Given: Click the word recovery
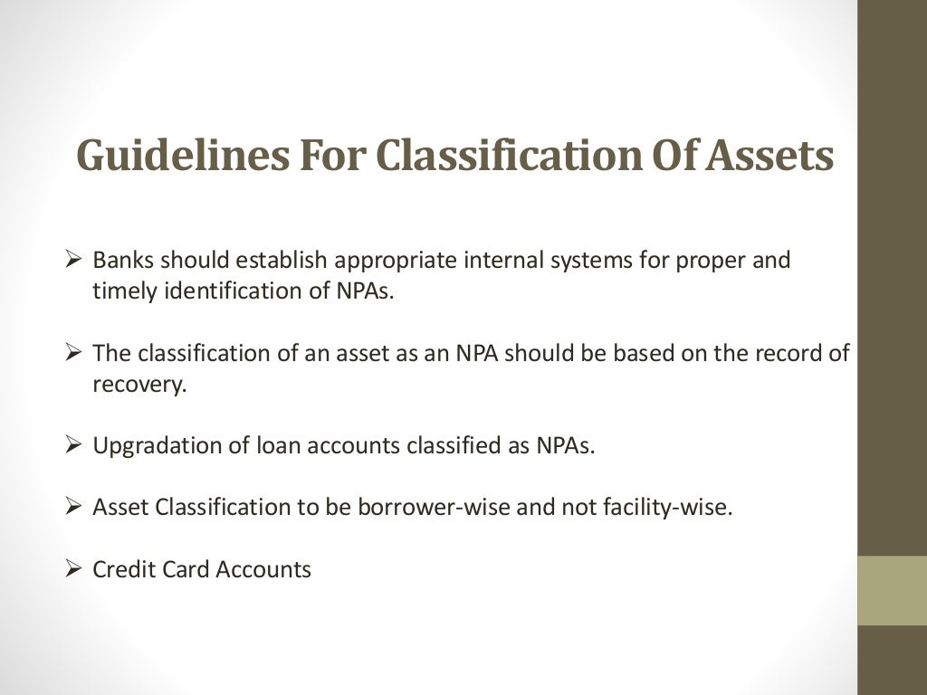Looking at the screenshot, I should [x=139, y=384].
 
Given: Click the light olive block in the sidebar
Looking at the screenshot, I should [x=892, y=590].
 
